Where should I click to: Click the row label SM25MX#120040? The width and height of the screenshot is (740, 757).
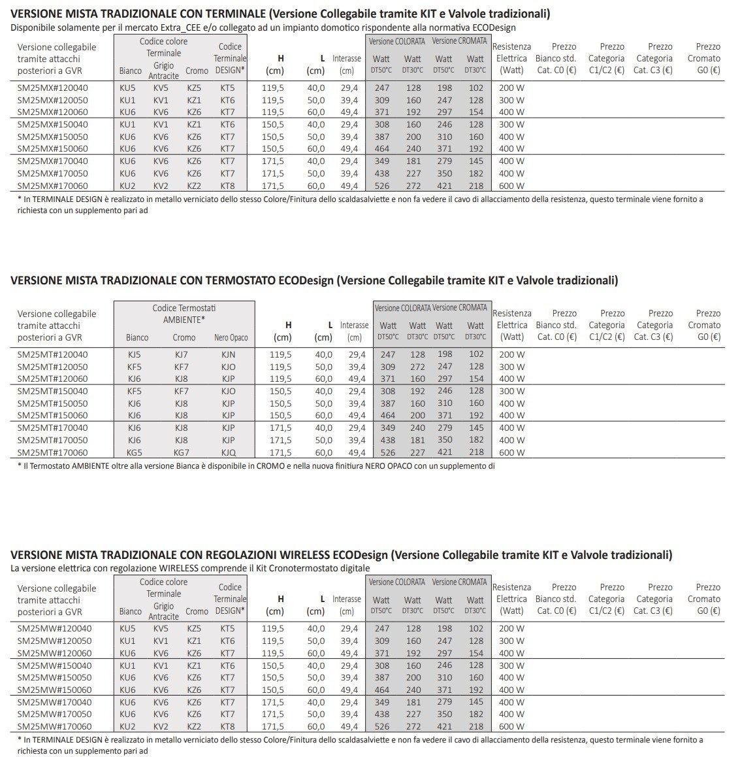click(x=52, y=88)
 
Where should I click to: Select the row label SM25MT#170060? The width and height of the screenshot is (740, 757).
click(x=52, y=452)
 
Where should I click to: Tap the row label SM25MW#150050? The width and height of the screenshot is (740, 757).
click(x=54, y=677)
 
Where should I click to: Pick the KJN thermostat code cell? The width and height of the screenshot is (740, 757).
click(x=229, y=354)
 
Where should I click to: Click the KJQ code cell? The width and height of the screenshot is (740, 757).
click(x=229, y=452)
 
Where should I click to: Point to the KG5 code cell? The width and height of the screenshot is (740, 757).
click(x=135, y=452)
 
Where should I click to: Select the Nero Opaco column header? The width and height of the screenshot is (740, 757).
click(x=231, y=338)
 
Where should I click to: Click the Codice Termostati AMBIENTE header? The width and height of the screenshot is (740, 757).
click(x=184, y=313)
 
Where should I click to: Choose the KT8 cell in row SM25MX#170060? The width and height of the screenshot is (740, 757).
click(x=227, y=186)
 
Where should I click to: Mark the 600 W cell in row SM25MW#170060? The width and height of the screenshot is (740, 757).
click(x=511, y=726)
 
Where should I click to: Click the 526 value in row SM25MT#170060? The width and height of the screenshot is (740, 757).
click(x=382, y=452)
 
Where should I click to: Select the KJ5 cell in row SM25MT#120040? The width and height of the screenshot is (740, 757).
click(x=135, y=354)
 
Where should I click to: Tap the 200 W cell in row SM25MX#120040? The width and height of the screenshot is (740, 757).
click(x=511, y=88)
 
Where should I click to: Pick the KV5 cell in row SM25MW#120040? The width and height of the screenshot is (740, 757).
click(x=161, y=628)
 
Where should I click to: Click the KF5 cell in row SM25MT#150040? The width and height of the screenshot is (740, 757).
click(x=135, y=391)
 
